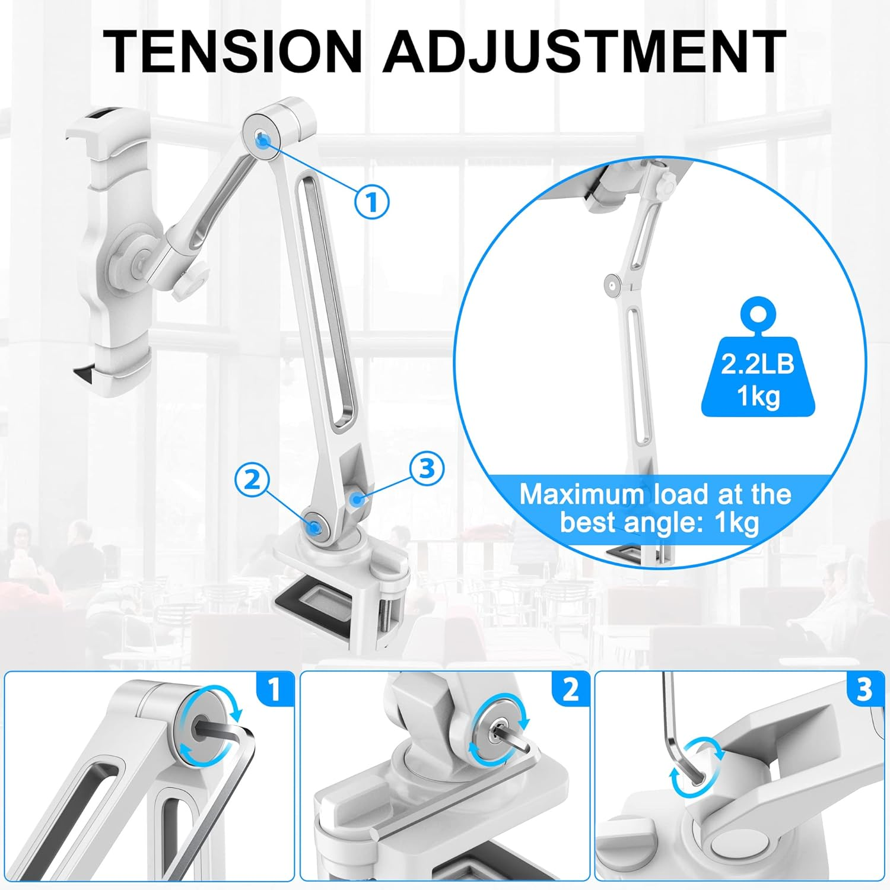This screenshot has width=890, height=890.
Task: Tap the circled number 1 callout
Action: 371,202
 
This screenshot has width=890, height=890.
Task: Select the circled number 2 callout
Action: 252,479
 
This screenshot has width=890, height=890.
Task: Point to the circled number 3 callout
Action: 427,469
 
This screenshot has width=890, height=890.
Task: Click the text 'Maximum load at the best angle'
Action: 656,508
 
